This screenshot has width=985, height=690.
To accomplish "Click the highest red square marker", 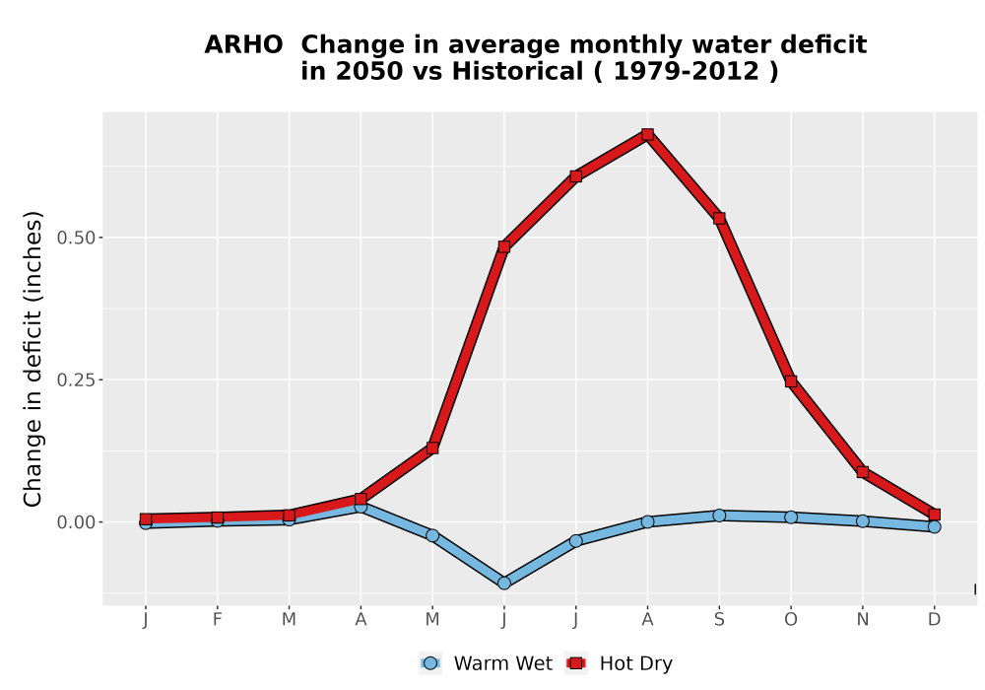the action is (648, 134).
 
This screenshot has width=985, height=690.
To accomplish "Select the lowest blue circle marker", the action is (503, 584).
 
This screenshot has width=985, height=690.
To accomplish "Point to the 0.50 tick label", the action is (76, 238).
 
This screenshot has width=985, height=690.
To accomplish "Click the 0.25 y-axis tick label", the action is (76, 379).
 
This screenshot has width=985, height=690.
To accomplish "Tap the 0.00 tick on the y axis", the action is (76, 522).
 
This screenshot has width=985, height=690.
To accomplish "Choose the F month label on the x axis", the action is (218, 620).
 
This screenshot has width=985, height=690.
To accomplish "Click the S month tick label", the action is (719, 620).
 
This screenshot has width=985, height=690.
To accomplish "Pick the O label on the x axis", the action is (791, 620).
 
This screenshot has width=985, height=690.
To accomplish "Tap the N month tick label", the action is (863, 620).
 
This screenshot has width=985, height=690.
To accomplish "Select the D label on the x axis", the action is (934, 620).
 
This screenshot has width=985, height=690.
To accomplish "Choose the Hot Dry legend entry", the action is (619, 663).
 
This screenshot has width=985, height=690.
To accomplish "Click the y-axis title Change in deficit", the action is (33, 359).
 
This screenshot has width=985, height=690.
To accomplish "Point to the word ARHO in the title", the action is (243, 45).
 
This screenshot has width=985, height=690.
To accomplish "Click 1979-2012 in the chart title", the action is (687, 71).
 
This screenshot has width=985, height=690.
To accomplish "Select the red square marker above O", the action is (791, 381).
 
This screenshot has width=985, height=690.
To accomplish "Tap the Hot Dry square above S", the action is (719, 218).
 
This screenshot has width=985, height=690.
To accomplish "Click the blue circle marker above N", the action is (863, 521).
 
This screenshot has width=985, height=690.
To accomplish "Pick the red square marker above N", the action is (863, 472).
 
